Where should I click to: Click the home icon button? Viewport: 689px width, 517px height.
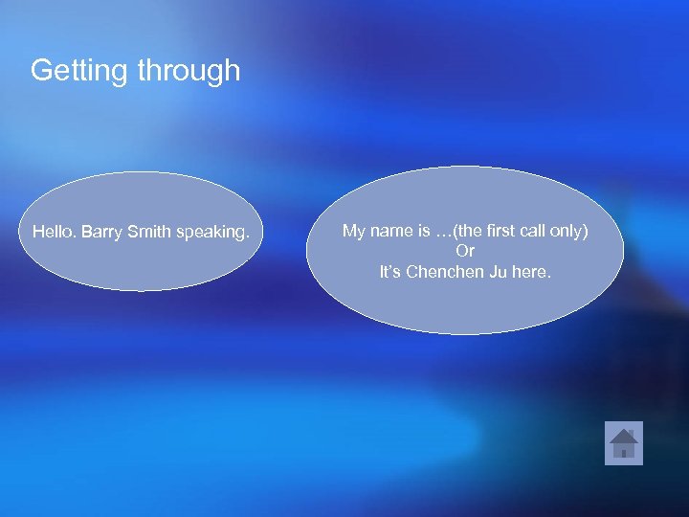click(x=624, y=443)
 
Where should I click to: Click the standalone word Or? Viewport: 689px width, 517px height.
click(x=465, y=251)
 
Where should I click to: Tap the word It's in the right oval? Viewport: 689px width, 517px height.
click(x=390, y=272)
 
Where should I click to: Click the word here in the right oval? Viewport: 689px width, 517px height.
click(x=532, y=272)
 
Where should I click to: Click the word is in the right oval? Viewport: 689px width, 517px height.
click(x=423, y=231)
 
